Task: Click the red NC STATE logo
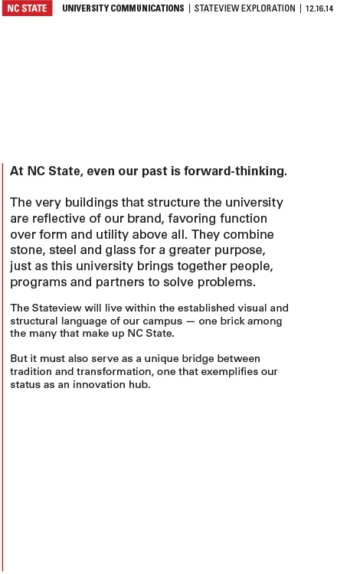[27, 8]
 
